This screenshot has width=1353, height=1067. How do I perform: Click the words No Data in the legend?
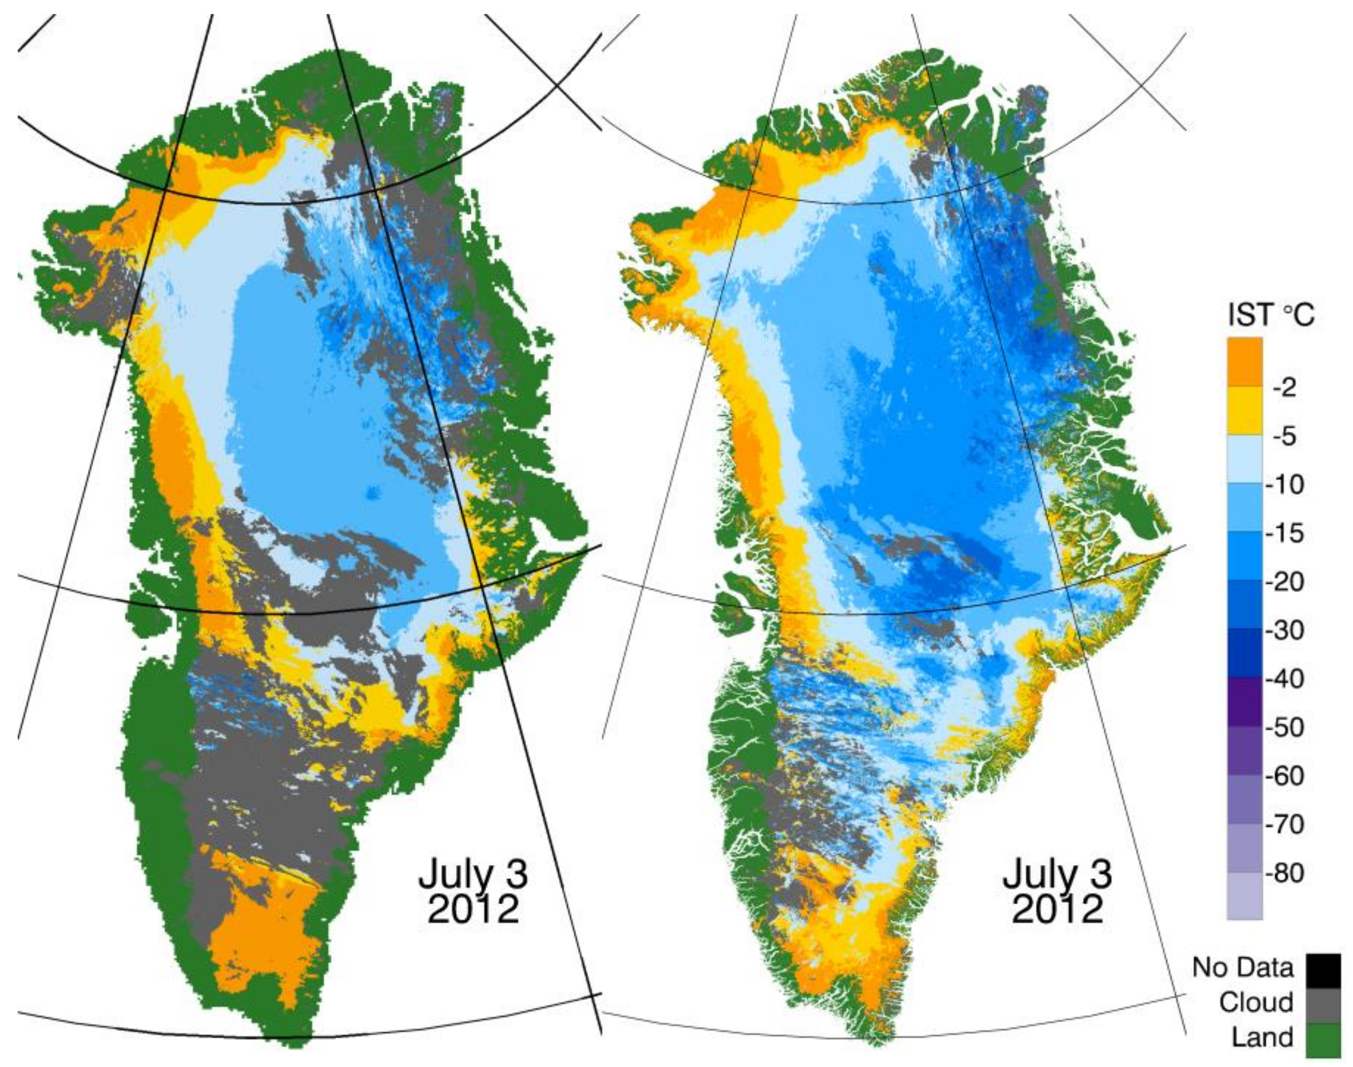(x=1243, y=967)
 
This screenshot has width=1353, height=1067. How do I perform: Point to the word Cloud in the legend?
(x=1255, y=1003)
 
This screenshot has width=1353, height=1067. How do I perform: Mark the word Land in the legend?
(x=1262, y=1038)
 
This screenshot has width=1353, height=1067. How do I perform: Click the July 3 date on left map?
(x=473, y=875)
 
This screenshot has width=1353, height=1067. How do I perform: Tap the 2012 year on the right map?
(x=1057, y=910)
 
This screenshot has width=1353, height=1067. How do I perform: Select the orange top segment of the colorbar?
(x=1244, y=362)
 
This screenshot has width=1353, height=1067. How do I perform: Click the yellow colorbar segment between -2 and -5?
(x=1244, y=411)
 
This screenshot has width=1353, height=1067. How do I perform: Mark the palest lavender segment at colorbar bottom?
(x=1244, y=896)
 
